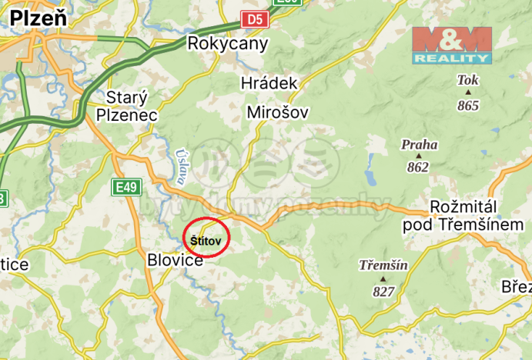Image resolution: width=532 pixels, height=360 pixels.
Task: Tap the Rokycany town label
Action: pyautogui.click(x=228, y=43)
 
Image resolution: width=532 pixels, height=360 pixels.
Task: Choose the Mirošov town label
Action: pyautogui.click(x=277, y=112)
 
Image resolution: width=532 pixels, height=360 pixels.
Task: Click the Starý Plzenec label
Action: pyautogui.click(x=127, y=106)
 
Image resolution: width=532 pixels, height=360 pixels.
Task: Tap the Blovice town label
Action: pyautogui.click(x=175, y=261)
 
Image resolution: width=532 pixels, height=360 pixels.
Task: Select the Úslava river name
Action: pyautogui.click(x=181, y=167)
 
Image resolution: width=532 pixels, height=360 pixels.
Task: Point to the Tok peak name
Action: pyautogui.click(x=467, y=80)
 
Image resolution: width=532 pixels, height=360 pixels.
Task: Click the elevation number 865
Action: pyautogui.click(x=467, y=105)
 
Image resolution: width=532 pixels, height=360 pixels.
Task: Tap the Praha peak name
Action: pyautogui.click(x=419, y=144)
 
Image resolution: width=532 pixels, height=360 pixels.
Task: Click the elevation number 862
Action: pyautogui.click(x=418, y=167)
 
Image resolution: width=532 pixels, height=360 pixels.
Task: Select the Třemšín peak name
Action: pyautogui.click(x=383, y=265)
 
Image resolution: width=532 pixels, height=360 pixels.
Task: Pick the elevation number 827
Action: pyautogui.click(x=383, y=291)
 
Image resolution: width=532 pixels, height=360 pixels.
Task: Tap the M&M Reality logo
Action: pyautogui.click(x=451, y=45)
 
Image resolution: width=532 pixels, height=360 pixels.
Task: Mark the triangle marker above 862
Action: pyautogui.click(x=418, y=156)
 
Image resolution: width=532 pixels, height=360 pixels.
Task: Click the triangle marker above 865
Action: pyautogui.click(x=467, y=93)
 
